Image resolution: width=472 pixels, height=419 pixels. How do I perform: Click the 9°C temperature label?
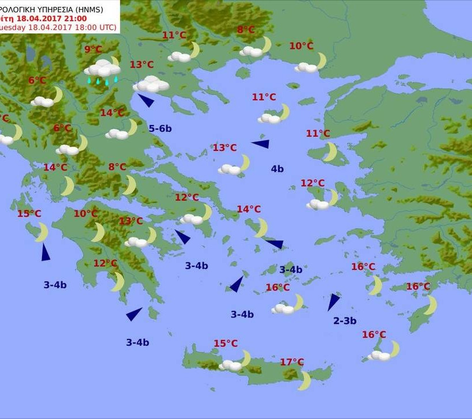tap(93, 50)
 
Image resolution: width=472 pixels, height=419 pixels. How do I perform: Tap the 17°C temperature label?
tap(292, 362)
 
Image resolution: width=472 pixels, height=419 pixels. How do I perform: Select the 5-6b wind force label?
tap(160, 129)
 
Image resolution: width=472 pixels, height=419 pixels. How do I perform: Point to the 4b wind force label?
tap(277, 169)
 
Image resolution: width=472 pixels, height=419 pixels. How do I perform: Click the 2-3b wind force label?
tap(345, 321)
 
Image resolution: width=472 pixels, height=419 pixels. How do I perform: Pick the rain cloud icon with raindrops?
tap(102, 71)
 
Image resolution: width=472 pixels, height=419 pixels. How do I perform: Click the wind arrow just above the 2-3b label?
tap(333, 301)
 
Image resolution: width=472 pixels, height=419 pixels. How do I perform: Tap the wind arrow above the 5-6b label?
tap(146, 100)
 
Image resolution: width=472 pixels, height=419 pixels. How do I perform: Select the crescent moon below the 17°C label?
tap(305, 380)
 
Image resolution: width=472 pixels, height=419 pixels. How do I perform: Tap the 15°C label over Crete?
tap(226, 343)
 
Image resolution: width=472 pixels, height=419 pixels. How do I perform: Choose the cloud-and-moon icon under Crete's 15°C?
tap(235, 363)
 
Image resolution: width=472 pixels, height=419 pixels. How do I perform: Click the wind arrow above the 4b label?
tap(260, 144)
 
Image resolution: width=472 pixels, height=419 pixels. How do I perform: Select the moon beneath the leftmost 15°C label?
tap(42, 232)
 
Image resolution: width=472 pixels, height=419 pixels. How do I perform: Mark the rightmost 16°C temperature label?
tap(418, 286)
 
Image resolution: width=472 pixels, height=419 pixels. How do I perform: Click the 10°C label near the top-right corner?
tap(301, 46)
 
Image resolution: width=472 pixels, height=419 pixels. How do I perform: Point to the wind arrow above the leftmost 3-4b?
tap(45, 252)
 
